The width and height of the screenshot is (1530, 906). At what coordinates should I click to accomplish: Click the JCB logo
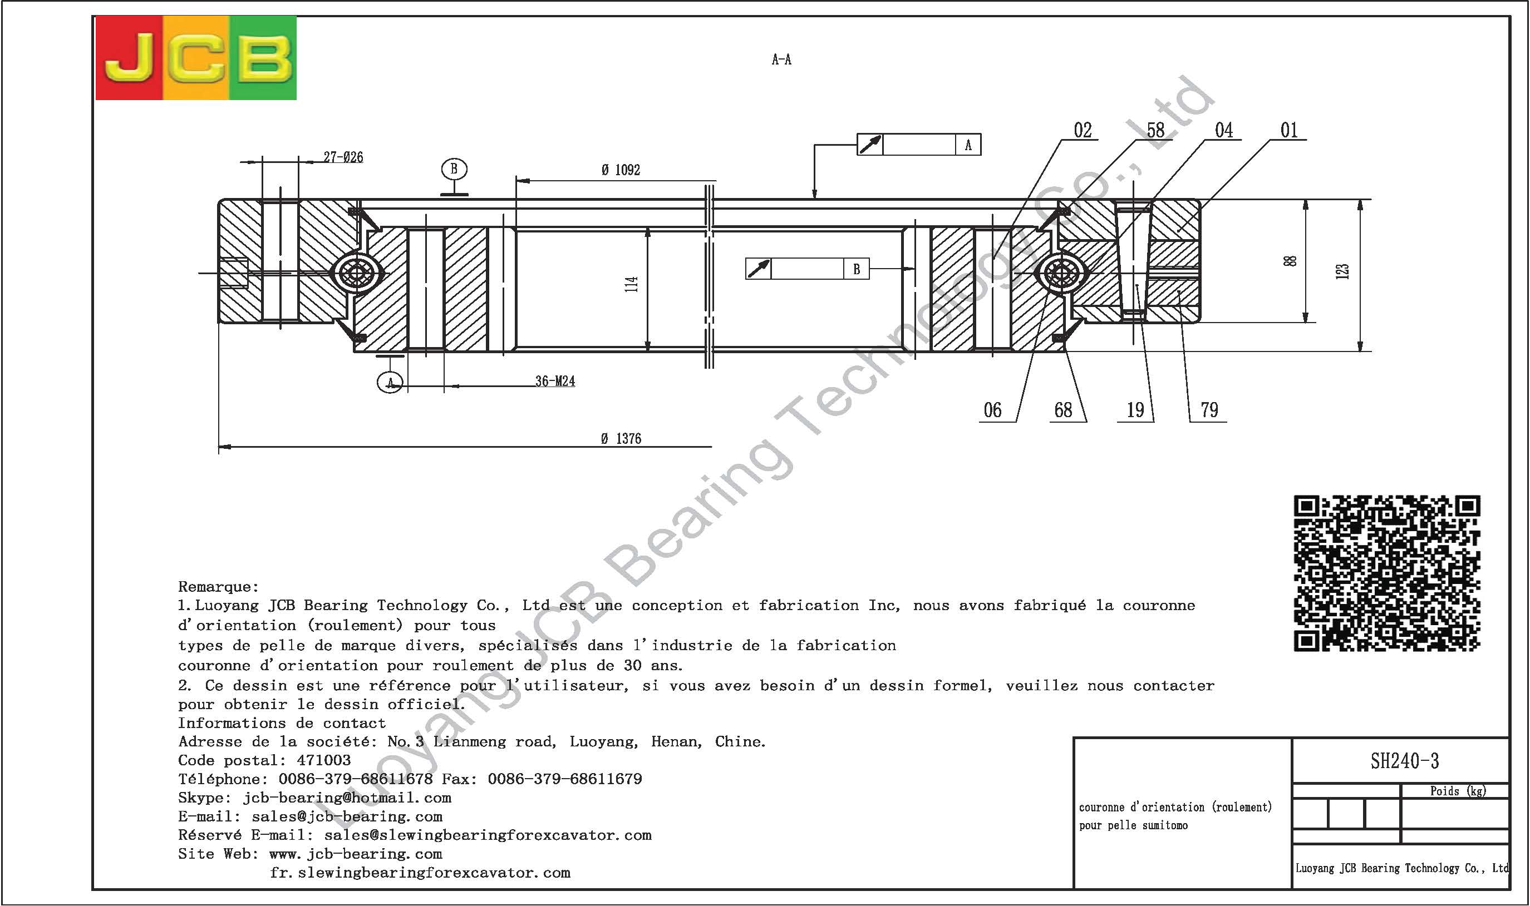[196, 58]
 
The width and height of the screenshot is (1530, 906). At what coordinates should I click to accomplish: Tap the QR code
[1387, 573]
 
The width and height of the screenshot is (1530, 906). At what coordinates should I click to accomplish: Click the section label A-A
[781, 59]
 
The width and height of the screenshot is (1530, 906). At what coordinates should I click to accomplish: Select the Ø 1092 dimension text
[621, 170]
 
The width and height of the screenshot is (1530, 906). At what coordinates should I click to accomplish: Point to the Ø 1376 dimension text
[621, 439]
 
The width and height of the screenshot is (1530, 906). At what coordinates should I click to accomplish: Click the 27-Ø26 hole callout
[343, 157]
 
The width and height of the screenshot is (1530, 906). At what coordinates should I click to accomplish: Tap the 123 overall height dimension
[1342, 271]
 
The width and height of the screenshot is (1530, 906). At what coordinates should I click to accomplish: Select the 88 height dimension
[1290, 261]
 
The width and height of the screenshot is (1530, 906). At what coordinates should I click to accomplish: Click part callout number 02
[1083, 130]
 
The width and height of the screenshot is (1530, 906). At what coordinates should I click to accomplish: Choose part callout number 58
[1155, 130]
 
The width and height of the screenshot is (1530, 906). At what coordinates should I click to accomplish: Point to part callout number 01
[1289, 130]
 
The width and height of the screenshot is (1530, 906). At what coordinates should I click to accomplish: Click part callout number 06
[992, 410]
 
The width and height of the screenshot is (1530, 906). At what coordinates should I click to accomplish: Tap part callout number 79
[1209, 410]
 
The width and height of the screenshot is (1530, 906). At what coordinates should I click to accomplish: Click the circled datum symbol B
[454, 169]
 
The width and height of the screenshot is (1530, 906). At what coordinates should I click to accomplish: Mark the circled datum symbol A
[390, 383]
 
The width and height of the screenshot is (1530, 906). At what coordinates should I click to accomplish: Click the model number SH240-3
[1405, 761]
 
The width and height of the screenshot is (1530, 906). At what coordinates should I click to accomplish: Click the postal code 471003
[324, 761]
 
